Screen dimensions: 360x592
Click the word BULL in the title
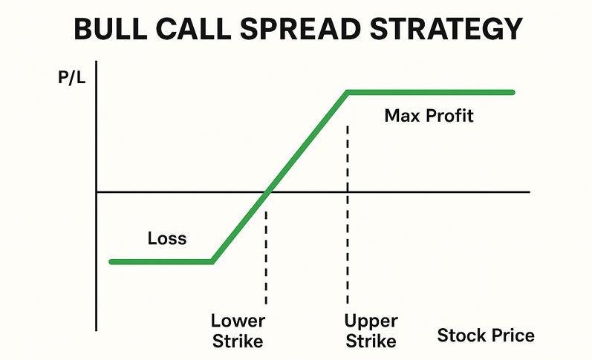click(x=115, y=29)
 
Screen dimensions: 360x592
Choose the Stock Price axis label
click(x=485, y=336)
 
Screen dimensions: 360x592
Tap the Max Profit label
click(x=429, y=116)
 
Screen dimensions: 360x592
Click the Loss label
click(x=167, y=239)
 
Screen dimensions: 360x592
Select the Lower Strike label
click(x=238, y=331)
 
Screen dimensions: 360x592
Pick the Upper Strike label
click(x=371, y=331)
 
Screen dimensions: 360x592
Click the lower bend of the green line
click(x=212, y=261)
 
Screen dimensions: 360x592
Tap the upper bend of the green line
click(x=348, y=92)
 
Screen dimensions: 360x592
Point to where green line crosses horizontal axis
click(x=267, y=192)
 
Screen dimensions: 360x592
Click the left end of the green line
click(x=111, y=261)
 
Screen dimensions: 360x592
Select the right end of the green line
click(x=512, y=92)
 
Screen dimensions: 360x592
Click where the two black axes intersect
click(x=97, y=192)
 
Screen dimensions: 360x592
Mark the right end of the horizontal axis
click(x=529, y=192)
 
